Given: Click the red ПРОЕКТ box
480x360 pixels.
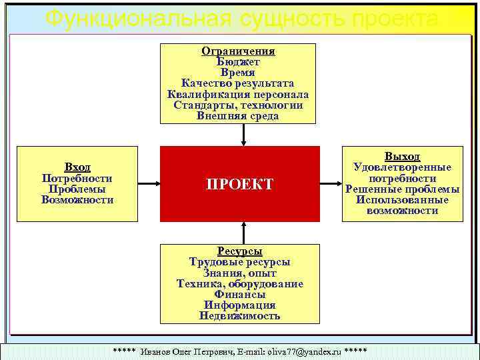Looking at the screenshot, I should pyautogui.click(x=240, y=184).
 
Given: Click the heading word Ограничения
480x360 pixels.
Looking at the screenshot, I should pyautogui.click(x=239, y=51).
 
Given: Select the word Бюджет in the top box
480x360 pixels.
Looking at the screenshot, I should pyautogui.click(x=239, y=62).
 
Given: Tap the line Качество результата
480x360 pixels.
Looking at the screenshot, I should pyautogui.click(x=239, y=83).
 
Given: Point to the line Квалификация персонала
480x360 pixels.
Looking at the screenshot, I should pyautogui.click(x=239, y=94).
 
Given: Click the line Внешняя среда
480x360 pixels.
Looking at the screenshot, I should pyautogui.click(x=239, y=115).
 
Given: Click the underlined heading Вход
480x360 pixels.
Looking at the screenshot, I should pyautogui.click(x=77, y=167).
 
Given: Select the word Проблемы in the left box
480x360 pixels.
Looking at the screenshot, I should pyautogui.click(x=77, y=189).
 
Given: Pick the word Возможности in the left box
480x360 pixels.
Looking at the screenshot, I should pyautogui.click(x=77, y=199).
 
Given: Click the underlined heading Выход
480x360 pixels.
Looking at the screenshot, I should pyautogui.click(x=402, y=156).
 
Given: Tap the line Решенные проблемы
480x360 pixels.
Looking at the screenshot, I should pyautogui.click(x=402, y=189).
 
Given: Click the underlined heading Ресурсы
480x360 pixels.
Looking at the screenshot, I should pyautogui.click(x=240, y=251).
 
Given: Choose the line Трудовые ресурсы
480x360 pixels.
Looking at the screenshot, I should pyautogui.click(x=240, y=262).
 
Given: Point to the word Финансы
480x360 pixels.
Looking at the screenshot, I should pyautogui.click(x=240, y=294).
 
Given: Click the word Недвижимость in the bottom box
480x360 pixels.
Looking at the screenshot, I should pyautogui.click(x=240, y=315).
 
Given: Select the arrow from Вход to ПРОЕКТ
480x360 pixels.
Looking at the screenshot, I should pyautogui.click(x=149, y=183).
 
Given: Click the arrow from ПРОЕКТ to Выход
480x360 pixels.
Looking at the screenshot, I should pyautogui.click(x=331, y=183).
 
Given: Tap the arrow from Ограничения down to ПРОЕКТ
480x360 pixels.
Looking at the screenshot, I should pyautogui.click(x=244, y=135).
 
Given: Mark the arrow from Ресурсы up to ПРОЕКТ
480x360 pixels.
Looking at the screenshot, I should pyautogui.click(x=244, y=232).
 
